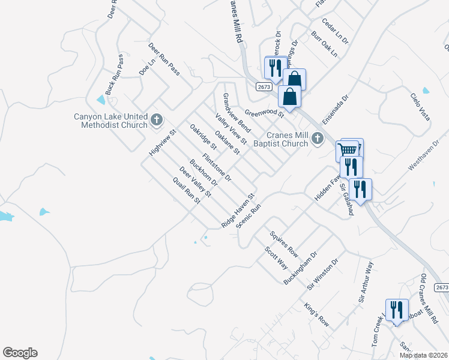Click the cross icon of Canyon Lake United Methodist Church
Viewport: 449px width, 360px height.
pos(157,120)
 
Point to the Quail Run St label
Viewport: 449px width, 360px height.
pos(185,191)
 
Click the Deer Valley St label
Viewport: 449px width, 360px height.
pos(196,182)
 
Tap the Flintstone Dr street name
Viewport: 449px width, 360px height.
pos(217,168)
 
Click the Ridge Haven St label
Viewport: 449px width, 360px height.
pos(238,209)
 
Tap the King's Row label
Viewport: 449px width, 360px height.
pos(316,312)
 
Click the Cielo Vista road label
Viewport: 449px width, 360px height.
pos(420,106)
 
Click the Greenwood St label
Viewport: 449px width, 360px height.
pos(264,112)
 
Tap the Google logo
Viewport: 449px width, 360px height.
pos(20,353)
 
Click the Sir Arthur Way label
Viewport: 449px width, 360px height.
pos(366,281)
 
